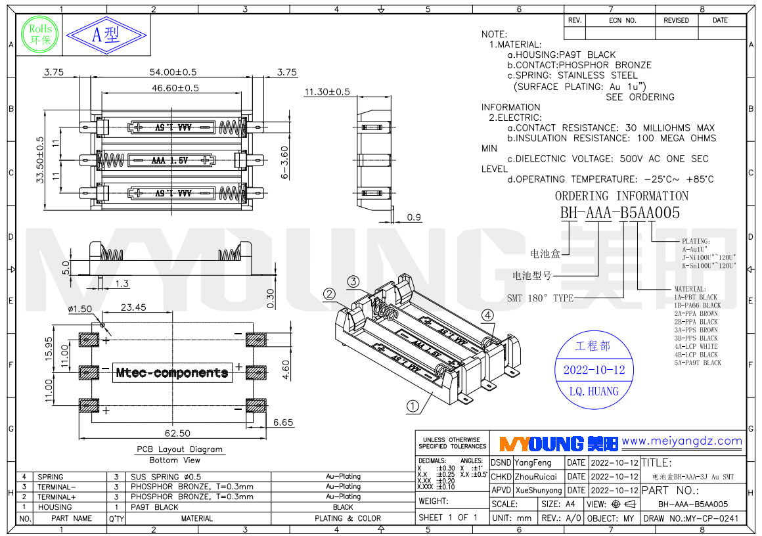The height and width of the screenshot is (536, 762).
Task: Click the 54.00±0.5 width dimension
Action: coord(173,72)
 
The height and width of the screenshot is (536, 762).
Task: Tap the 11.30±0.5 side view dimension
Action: coord(326,92)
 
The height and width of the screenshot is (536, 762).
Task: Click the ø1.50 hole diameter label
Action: coord(81,309)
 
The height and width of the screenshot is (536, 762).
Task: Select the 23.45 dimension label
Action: coord(133,307)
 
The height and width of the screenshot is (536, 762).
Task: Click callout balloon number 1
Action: coord(413,406)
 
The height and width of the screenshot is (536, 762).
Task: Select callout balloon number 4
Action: coord(487,315)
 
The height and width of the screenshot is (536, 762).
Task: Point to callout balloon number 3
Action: coord(353,282)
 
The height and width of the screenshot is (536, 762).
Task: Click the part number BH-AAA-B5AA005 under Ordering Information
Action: coord(619,213)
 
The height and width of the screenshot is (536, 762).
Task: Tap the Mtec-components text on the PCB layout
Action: coord(172,372)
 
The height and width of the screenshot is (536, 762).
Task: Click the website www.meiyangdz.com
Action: coord(682,441)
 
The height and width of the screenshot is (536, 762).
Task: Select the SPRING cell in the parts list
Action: coord(51,477)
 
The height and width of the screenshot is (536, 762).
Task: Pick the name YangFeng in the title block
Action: coord(533,463)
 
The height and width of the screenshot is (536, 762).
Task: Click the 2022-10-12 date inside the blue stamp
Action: coord(594,370)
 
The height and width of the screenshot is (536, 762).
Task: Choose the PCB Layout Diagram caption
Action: coord(179,449)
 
